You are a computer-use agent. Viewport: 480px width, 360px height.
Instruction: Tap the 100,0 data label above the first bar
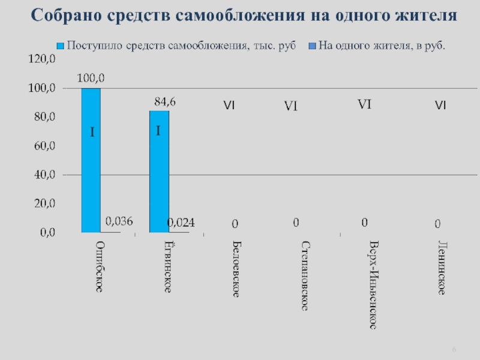(x=91, y=77)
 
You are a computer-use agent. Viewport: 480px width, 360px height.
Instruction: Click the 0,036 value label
(x=119, y=221)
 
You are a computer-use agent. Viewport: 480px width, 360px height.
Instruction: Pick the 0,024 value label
(x=181, y=223)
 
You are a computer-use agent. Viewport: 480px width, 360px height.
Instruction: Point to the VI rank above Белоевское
(x=229, y=106)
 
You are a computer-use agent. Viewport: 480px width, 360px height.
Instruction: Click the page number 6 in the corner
(x=454, y=350)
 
